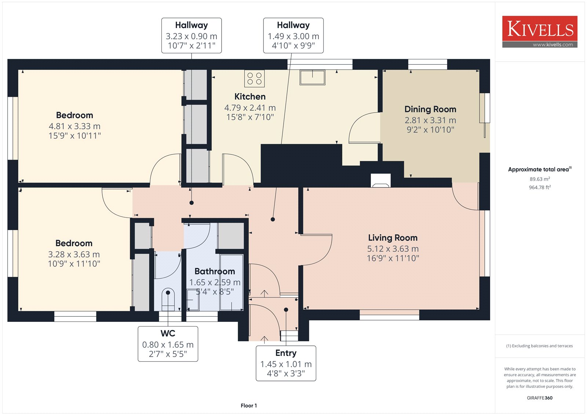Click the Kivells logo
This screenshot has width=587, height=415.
540,32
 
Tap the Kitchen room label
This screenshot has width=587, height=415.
250,97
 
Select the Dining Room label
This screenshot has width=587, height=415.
430,109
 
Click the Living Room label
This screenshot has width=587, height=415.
393,237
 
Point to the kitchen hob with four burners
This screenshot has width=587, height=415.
254,79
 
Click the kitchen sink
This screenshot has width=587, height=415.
312,77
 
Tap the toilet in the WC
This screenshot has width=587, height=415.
168,300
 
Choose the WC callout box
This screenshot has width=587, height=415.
168,344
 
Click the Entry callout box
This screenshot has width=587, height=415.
286,363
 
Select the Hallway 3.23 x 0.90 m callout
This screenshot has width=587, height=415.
192,35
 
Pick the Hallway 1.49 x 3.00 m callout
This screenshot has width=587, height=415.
293,35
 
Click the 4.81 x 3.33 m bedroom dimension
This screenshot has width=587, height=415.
75,126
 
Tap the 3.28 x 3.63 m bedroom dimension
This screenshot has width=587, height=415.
74,254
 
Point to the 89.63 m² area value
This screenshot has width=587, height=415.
540,179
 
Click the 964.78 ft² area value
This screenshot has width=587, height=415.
540,187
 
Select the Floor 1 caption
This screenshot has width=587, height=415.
249,405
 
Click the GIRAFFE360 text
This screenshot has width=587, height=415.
540,398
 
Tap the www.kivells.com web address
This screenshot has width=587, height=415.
553,44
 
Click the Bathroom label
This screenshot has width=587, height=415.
215,271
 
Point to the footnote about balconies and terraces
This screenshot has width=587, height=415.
540,346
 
